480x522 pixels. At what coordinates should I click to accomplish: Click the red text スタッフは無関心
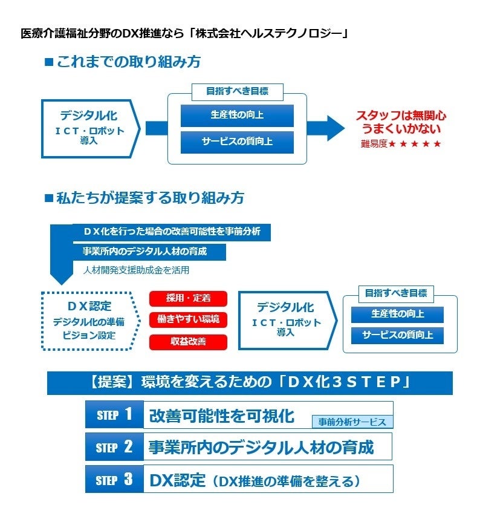click(401, 116)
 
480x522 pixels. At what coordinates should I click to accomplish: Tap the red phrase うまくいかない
click(401, 129)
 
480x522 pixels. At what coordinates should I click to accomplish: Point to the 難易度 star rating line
click(401, 144)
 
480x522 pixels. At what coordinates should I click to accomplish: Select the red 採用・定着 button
click(188, 298)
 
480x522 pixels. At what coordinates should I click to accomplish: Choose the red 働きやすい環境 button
click(188, 319)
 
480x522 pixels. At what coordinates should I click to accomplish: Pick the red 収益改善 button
click(188, 342)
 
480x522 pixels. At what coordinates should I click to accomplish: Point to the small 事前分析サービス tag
click(352, 422)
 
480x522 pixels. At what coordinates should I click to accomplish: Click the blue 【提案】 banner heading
click(250, 383)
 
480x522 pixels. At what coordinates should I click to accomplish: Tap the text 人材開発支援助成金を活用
click(136, 270)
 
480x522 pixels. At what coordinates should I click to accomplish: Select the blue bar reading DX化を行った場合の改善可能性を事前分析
click(172, 232)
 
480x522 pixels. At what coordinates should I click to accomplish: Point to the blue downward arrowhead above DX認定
click(60, 278)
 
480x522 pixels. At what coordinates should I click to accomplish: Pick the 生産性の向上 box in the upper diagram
click(237, 115)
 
